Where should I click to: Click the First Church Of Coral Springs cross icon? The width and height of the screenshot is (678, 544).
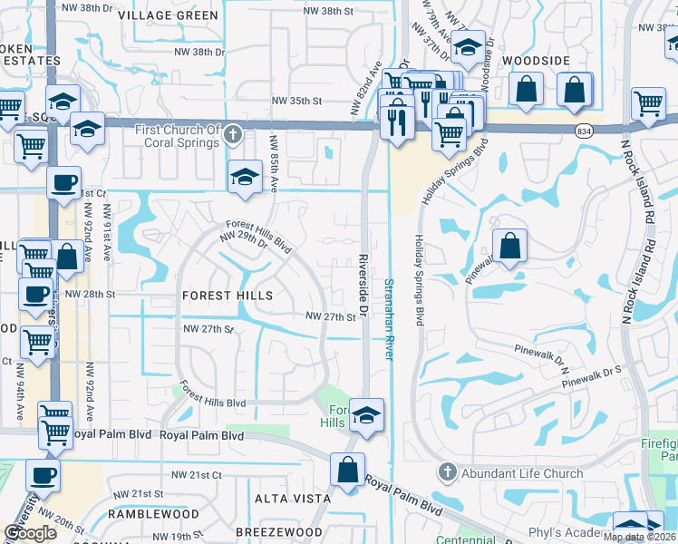(233, 136)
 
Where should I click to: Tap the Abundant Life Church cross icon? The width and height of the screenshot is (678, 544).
(446, 472)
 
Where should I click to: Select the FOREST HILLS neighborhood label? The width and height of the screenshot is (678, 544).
(228, 296)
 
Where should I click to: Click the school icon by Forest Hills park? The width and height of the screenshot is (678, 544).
(366, 415)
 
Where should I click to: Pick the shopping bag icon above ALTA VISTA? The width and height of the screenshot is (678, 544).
(347, 470)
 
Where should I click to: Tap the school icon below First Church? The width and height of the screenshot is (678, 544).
(245, 177)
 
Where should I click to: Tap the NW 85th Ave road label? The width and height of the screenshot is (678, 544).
(273, 163)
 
